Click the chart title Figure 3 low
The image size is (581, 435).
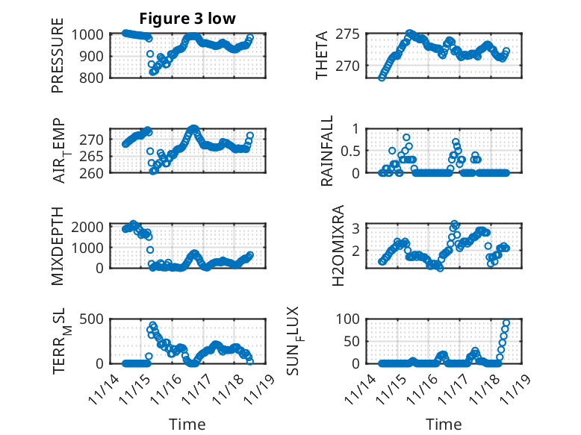[x=187, y=19]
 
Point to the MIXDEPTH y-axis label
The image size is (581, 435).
[x=58, y=246]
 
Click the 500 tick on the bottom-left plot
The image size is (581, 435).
[x=96, y=319]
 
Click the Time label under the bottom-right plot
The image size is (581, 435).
[x=444, y=425]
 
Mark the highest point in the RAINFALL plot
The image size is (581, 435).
[x=406, y=137]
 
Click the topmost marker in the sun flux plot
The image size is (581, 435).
[x=506, y=323]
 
